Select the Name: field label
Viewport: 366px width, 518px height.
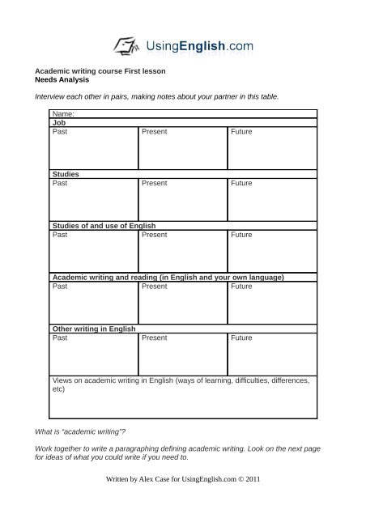(x=63, y=115)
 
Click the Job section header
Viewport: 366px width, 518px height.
(x=58, y=123)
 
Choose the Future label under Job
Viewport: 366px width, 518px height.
(x=241, y=131)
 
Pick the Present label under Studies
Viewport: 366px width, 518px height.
(x=154, y=183)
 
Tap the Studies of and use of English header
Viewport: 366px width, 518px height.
(x=103, y=225)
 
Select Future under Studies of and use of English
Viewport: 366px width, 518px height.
(x=241, y=235)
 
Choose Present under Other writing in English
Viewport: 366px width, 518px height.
(x=154, y=338)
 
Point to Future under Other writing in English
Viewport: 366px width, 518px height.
(x=241, y=338)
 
